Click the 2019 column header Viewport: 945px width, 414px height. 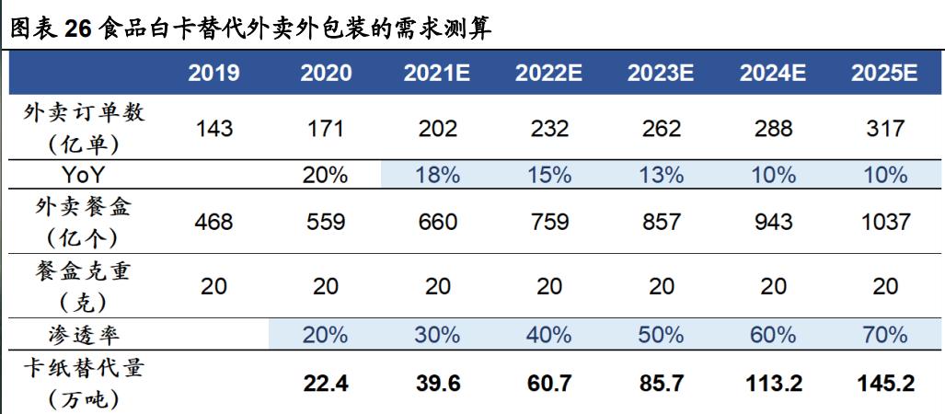pos(214,73)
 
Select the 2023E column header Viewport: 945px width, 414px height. pos(661,73)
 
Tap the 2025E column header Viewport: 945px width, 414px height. pos(885,73)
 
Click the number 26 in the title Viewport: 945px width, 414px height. pos(76,29)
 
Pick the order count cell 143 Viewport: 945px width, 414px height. pos(214,129)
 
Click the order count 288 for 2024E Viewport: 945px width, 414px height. pos(773,129)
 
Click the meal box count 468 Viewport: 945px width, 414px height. pos(214,223)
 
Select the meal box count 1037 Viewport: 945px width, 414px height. pos(885,223)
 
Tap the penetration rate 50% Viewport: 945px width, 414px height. pos(661,334)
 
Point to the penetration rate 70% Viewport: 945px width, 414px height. pos(885,334)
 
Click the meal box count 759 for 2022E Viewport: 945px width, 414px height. pos(548,223)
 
